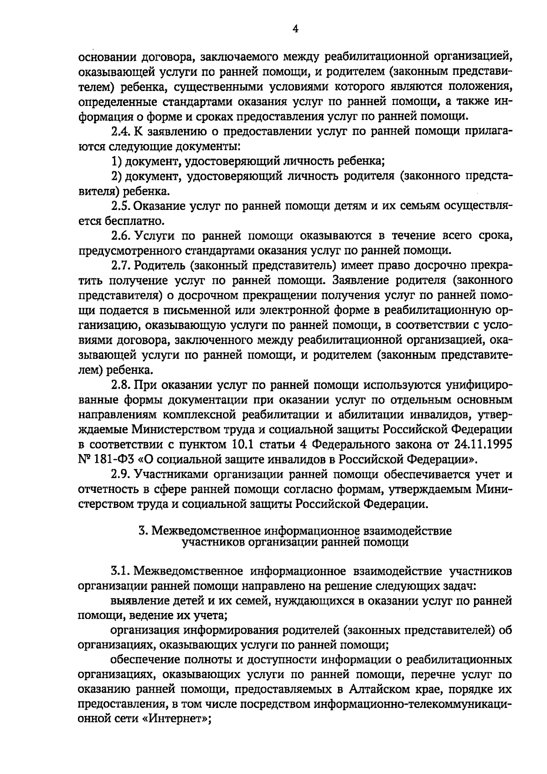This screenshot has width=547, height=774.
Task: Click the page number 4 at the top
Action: coord(295,29)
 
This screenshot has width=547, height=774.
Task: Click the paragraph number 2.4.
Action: coord(120,132)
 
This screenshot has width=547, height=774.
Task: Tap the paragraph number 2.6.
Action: coord(120,235)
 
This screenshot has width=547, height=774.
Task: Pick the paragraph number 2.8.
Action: coord(120,385)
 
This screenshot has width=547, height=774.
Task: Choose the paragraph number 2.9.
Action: coord(120,475)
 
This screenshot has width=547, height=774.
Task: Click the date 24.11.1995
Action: coord(483,444)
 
